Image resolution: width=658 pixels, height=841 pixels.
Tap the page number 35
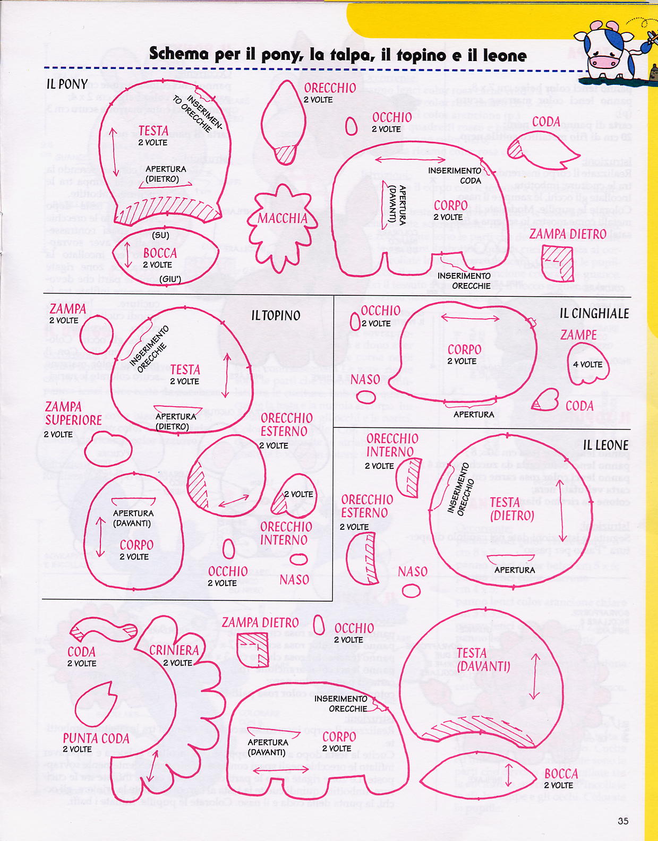(623, 821)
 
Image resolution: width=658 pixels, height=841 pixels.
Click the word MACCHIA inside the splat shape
(283, 219)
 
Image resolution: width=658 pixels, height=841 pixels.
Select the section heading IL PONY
(67, 84)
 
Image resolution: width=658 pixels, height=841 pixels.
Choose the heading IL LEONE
(605, 445)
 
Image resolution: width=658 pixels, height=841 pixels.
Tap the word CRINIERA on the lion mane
(174, 651)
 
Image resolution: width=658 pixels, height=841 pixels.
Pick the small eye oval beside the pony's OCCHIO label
(351, 126)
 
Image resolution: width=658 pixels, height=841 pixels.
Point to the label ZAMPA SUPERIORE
(73, 414)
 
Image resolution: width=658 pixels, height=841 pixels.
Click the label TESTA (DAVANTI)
(483, 659)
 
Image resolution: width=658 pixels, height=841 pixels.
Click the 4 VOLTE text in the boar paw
(587, 365)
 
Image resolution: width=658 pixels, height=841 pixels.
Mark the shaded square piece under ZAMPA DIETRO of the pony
(559, 263)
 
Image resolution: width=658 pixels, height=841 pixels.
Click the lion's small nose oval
(411, 590)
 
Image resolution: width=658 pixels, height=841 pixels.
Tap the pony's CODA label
(546, 122)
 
